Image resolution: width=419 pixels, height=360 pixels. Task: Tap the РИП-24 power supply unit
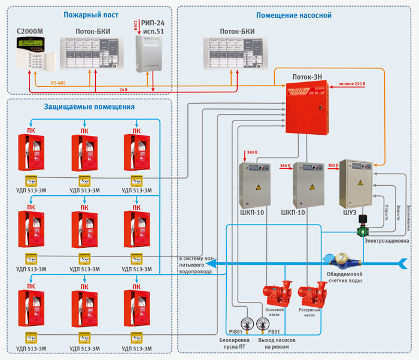(149, 53)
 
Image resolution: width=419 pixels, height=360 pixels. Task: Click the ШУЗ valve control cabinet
(356, 182)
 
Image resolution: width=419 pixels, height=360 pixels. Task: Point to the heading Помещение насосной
(293, 16)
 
